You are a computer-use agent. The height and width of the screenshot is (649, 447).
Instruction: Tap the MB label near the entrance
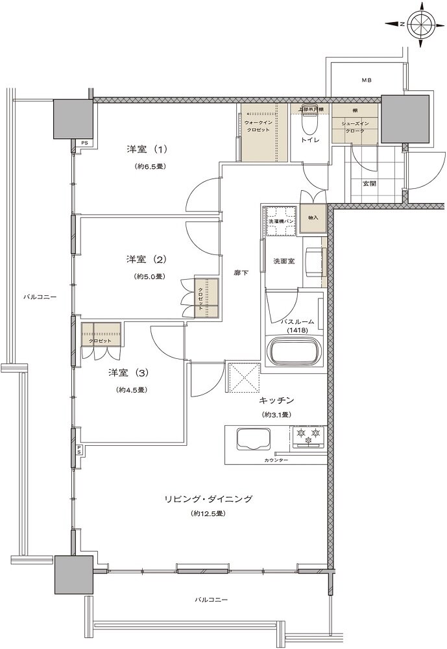(x=367, y=80)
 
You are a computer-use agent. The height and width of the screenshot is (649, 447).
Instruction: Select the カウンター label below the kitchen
(x=276, y=460)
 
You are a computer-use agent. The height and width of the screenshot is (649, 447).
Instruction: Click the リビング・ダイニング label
(x=208, y=498)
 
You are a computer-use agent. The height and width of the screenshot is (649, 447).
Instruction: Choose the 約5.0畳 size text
(x=149, y=276)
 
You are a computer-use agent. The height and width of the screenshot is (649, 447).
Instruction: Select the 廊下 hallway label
(x=241, y=274)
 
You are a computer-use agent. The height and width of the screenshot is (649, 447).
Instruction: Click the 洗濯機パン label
(x=282, y=223)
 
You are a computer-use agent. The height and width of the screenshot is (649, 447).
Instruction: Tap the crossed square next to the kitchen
(x=245, y=377)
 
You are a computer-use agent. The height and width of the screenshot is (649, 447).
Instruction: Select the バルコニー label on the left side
(x=40, y=297)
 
